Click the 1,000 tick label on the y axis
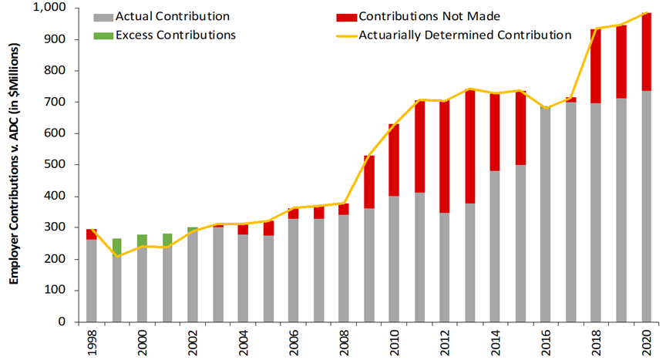[49, 8]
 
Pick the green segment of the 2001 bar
[167, 240]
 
